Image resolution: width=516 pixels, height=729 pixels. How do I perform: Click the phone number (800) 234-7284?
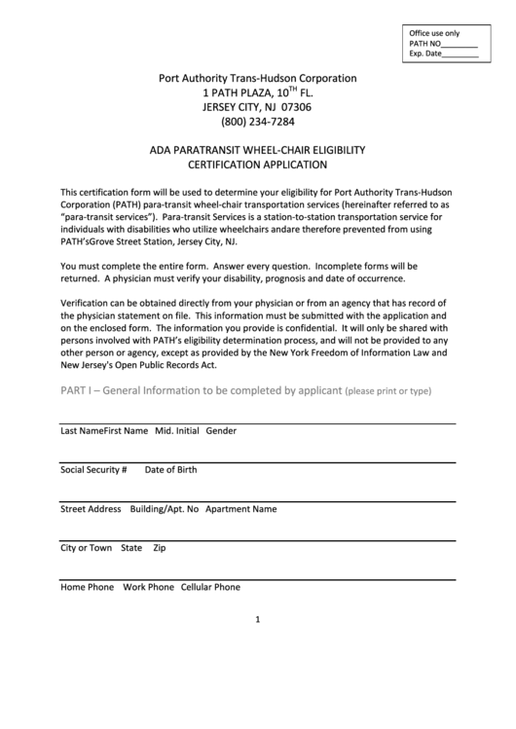(x=258, y=123)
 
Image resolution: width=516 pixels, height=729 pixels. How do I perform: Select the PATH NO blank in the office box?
(x=460, y=45)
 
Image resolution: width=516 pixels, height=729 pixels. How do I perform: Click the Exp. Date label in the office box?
(x=425, y=55)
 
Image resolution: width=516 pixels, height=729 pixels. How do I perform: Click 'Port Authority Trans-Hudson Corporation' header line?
(x=258, y=78)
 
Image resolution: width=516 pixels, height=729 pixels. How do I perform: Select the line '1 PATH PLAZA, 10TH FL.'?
(x=258, y=92)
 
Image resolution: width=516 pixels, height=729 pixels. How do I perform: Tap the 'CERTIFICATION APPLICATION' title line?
(x=258, y=165)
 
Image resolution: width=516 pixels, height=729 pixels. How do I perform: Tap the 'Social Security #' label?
(x=94, y=469)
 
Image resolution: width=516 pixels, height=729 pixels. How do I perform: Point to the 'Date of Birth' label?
(x=170, y=469)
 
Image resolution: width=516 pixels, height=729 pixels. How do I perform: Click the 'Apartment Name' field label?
(x=241, y=509)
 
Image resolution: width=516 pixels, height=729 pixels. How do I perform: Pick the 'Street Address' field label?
(x=91, y=509)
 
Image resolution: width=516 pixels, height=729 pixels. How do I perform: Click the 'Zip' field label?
(x=160, y=548)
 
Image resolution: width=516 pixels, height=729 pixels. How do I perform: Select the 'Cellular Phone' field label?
(x=210, y=587)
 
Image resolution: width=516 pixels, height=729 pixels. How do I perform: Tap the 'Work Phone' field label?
(x=148, y=587)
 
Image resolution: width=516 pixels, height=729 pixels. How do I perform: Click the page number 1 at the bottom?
(x=258, y=619)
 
